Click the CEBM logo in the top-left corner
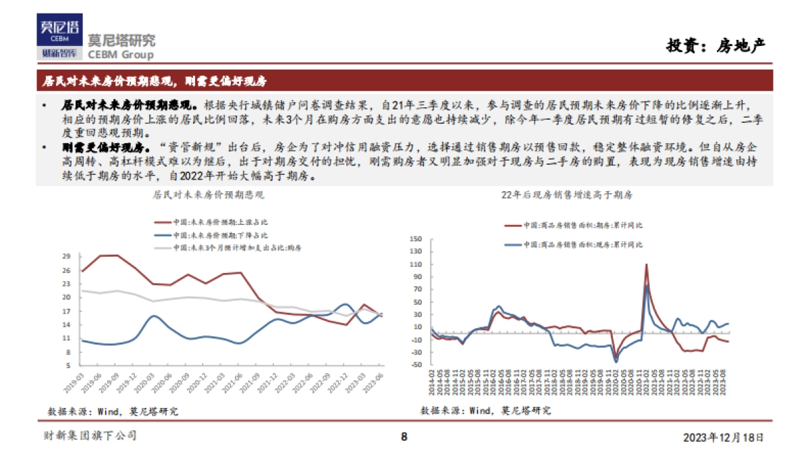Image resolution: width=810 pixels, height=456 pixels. [x=60, y=37]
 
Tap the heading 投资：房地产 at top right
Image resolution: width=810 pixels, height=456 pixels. [x=716, y=46]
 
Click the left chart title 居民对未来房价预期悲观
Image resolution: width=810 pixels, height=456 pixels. [x=208, y=195]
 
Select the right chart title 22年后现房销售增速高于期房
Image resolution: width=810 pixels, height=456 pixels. [x=566, y=195]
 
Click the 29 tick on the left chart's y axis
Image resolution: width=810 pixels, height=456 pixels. [x=66, y=257]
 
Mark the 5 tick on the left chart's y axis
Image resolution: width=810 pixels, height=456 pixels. [x=68, y=365]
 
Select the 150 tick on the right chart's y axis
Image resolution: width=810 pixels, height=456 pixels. [x=416, y=238]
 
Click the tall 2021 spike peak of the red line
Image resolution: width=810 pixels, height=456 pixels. [x=646, y=265]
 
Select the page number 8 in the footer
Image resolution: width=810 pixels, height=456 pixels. [x=404, y=436]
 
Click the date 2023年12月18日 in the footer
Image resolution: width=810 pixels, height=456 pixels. [x=724, y=437]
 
